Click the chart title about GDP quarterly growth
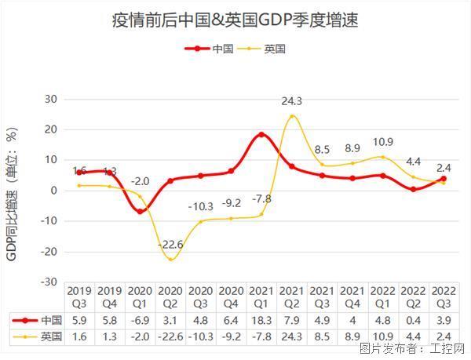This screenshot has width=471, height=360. [x=235, y=19]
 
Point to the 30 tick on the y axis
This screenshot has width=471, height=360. [x=52, y=99]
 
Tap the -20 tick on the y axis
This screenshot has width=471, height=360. [x=49, y=252]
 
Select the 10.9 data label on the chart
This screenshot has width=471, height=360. [x=382, y=142]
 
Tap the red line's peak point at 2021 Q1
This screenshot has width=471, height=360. [x=261, y=135]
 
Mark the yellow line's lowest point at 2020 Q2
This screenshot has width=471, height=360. [x=171, y=259]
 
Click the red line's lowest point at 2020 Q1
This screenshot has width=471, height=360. [x=141, y=211]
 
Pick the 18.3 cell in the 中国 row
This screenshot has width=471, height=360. [x=261, y=320]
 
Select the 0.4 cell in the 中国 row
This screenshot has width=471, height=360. [x=412, y=320]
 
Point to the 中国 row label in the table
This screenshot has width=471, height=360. [x=51, y=320]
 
